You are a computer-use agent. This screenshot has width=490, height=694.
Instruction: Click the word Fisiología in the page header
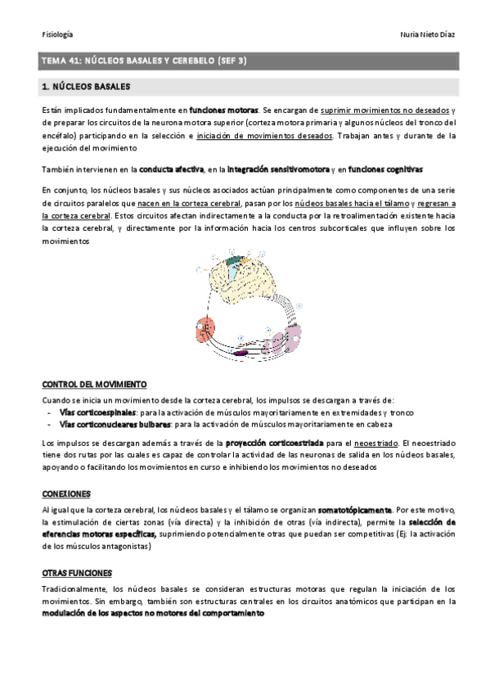[57, 34]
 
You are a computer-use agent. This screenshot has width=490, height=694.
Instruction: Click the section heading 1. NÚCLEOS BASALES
[86, 86]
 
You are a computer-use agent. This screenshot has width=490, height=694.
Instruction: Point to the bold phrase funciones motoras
[223, 109]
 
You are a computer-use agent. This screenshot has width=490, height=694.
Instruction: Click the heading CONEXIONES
[65, 493]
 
